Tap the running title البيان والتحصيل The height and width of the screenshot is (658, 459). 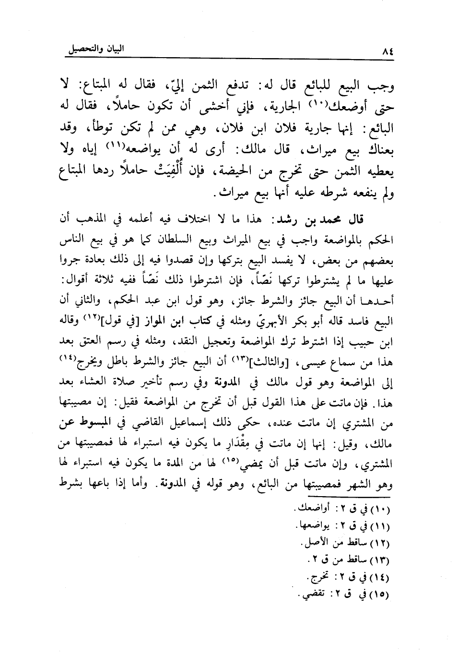[95, 49]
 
